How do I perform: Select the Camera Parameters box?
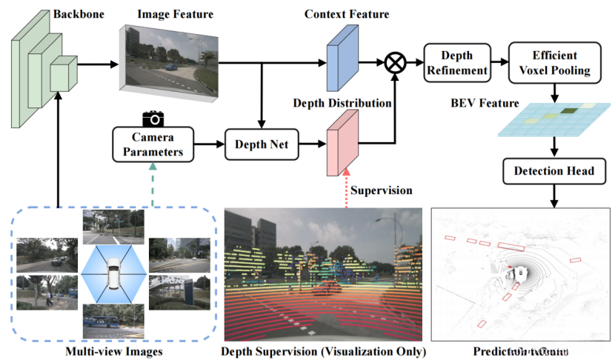[153, 144]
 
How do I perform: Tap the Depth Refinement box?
[456, 64]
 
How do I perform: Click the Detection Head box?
[553, 171]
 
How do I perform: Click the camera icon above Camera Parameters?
[153, 118]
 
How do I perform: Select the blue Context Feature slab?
[342, 56]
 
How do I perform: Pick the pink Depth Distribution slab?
[342, 142]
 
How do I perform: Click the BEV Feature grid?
[551, 121]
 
